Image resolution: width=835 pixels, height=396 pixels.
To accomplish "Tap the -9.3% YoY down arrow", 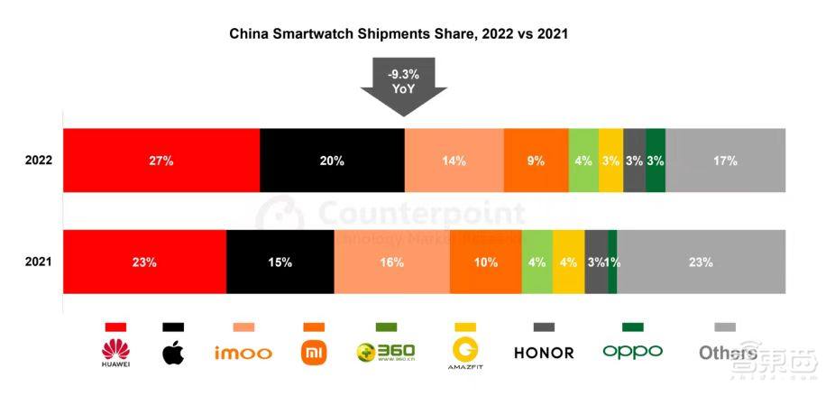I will point(404,85).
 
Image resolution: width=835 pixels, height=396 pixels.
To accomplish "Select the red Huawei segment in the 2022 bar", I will point(161,161).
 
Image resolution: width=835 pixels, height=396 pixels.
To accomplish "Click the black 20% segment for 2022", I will point(332,161).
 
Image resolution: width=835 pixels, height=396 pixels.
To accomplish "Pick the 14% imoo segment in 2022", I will point(454,161).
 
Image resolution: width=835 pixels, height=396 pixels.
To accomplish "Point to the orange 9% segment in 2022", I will point(536,161).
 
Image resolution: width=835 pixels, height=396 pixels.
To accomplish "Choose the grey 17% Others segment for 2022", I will point(725,161).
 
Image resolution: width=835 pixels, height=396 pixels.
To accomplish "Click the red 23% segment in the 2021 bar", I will point(144,262).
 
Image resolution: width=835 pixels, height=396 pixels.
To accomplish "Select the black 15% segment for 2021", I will point(280,262).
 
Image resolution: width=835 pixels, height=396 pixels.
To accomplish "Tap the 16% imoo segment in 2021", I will point(390,262).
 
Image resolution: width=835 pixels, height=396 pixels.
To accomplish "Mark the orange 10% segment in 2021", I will point(484,262).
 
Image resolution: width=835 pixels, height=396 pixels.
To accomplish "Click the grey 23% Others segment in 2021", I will point(701,262).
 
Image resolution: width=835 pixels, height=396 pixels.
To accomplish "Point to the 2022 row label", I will point(39,161).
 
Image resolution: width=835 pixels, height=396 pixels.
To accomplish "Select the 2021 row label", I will point(39,262).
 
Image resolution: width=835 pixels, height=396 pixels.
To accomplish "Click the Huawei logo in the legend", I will point(116,352).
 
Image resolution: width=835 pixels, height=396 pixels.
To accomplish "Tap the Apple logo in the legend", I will point(172,352).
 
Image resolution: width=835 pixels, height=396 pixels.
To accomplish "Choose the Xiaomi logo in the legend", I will point(313,352).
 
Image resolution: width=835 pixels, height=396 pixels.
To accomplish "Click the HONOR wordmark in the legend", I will point(544,352).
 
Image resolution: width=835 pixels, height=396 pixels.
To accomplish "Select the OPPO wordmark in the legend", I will point(632,351).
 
